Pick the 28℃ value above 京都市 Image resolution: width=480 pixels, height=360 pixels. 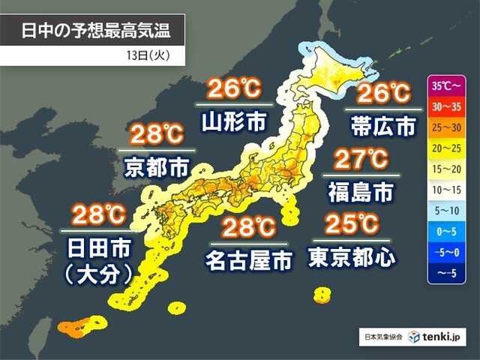click(x=157, y=136)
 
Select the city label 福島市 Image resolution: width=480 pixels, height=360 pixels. click(x=361, y=192)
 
